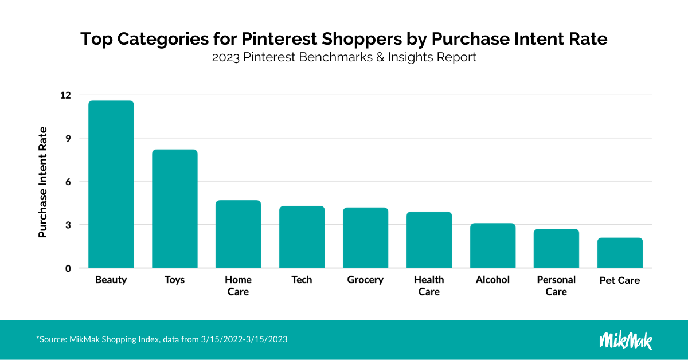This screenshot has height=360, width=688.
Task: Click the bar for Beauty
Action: (x=111, y=185)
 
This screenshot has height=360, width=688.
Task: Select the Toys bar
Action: (x=174, y=209)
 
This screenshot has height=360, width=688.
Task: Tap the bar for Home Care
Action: (x=238, y=234)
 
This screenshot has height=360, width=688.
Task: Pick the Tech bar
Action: (x=302, y=237)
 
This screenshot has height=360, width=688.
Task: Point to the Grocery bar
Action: (x=365, y=238)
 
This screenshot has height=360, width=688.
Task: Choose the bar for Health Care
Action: (x=429, y=240)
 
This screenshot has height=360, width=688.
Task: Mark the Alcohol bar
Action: (x=492, y=245)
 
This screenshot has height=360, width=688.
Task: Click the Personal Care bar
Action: (x=556, y=248)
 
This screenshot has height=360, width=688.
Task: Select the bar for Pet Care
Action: (x=620, y=253)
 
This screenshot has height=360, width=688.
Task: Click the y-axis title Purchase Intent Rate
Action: (x=43, y=182)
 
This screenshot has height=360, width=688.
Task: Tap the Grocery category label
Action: (x=365, y=280)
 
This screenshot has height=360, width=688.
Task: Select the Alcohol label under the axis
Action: (x=492, y=280)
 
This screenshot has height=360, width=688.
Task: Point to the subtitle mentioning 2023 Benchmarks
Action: (x=343, y=58)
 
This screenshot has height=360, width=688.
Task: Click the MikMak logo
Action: (x=626, y=339)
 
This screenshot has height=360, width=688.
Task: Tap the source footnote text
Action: (x=162, y=339)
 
